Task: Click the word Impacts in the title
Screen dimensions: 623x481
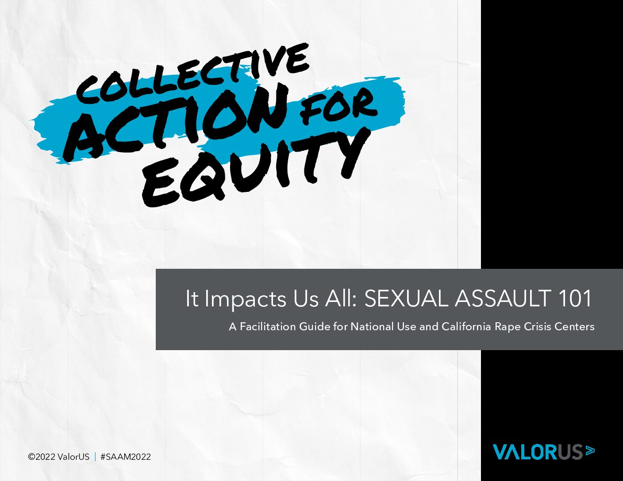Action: tap(245, 299)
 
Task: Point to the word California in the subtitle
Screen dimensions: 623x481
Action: tap(466, 327)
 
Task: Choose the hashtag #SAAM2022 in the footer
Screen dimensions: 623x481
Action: tap(126, 457)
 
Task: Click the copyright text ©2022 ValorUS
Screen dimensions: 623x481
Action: tap(58, 457)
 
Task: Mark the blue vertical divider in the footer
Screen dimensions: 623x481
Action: tap(95, 457)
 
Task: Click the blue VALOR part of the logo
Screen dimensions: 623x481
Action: tap(525, 452)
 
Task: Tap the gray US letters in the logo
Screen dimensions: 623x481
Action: tap(569, 452)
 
